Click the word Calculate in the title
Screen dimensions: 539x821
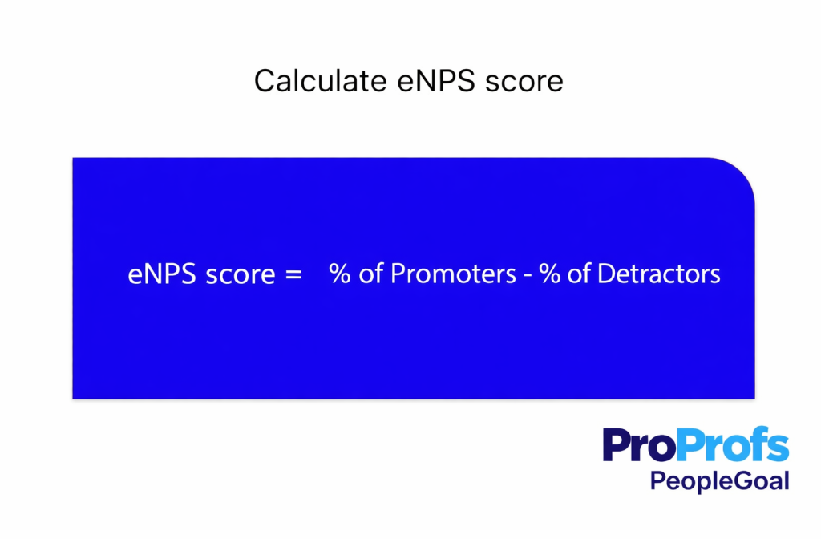point(308,82)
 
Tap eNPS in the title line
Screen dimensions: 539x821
point(416,82)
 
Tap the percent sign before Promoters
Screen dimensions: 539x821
point(340,274)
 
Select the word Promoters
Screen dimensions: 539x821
point(453,274)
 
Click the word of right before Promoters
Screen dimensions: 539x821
point(371,274)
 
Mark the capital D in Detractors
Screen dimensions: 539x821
point(606,274)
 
